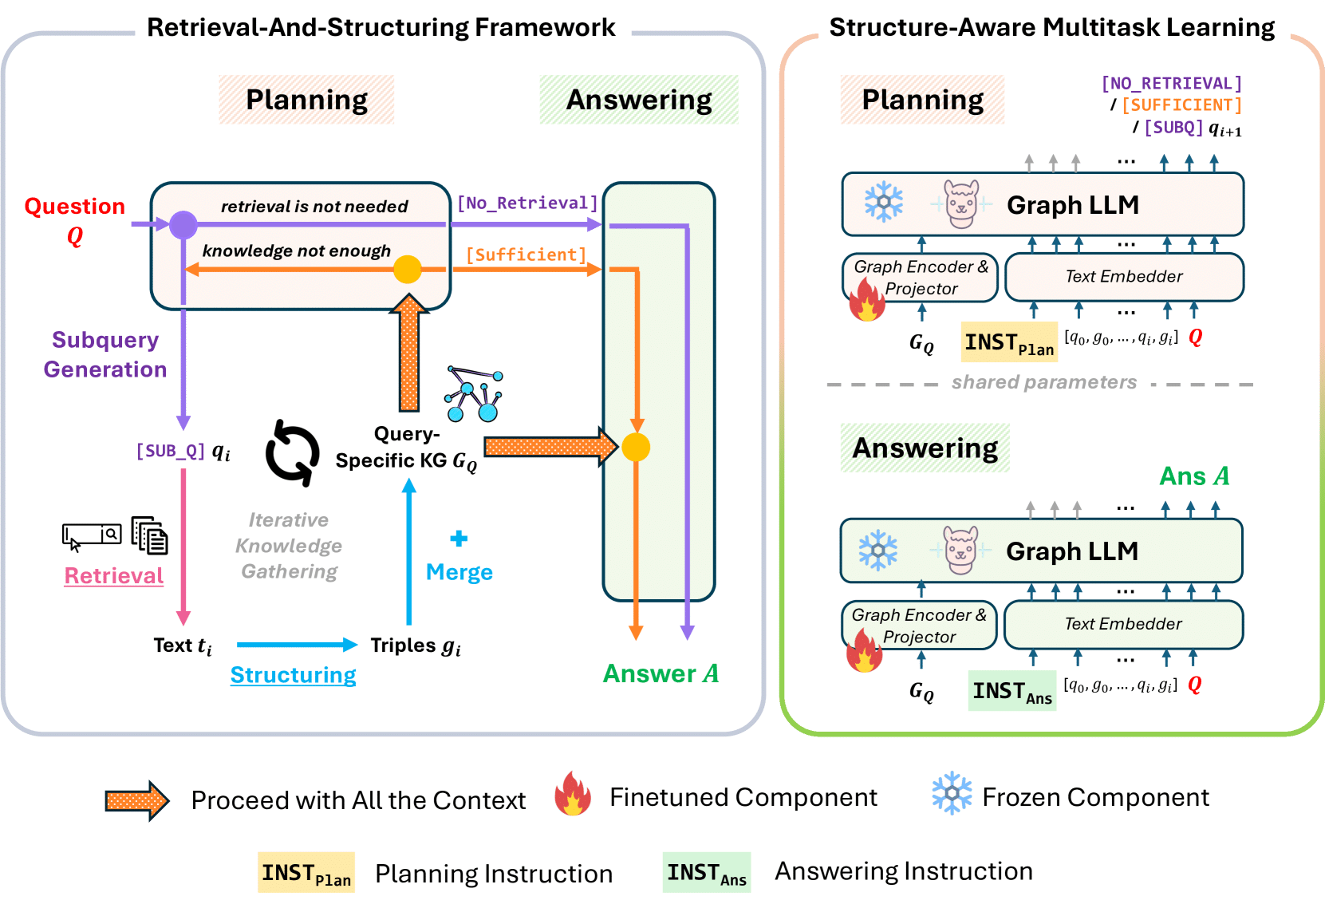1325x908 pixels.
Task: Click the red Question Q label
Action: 74,219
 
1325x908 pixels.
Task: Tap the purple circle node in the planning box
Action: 183,225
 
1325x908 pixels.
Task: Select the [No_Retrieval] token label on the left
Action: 527,203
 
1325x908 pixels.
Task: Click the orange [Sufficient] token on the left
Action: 526,255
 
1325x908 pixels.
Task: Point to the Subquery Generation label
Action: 105,354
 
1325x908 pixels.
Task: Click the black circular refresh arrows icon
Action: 292,452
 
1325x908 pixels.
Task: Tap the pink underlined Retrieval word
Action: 114,576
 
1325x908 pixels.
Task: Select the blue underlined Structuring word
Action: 293,675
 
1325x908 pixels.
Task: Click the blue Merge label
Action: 459,572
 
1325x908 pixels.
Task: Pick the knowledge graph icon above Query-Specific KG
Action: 474,394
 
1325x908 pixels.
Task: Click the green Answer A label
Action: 661,674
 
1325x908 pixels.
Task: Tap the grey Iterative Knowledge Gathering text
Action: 289,546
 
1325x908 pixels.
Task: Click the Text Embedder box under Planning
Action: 1124,277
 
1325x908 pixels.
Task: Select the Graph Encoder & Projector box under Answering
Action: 919,625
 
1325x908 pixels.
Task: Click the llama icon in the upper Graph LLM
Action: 961,204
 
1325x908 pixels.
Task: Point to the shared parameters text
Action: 1043,382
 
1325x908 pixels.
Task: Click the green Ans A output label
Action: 1194,476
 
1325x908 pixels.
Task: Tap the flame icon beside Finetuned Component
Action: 573,794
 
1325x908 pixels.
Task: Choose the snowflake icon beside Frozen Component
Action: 952,793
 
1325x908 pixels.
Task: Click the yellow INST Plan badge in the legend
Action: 306,873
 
